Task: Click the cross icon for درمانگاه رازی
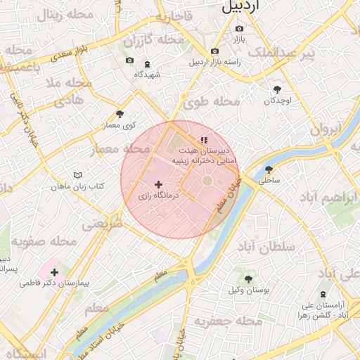coord(157,184)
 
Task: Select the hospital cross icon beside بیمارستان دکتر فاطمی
coord(54,271)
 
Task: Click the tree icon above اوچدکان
coord(278,89)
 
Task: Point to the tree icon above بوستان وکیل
coord(248,279)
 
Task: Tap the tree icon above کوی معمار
coord(120,114)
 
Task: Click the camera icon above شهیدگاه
coord(129,60)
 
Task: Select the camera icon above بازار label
coord(239,29)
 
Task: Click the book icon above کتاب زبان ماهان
coord(77,174)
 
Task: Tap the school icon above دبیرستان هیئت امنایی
coord(204,140)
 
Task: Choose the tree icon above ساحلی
coord(269,169)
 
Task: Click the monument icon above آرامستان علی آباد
coord(323,294)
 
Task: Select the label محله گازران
coord(160,40)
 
